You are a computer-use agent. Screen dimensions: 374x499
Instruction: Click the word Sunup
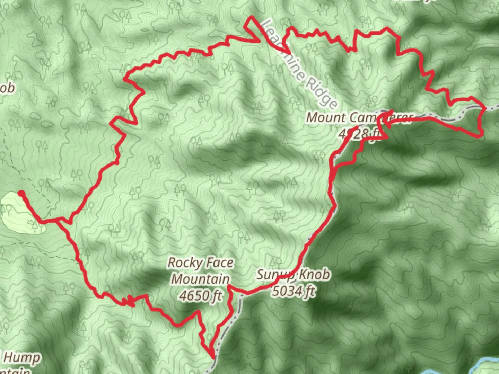(x=274, y=275)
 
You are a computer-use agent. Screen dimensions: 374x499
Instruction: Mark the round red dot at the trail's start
(x=21, y=193)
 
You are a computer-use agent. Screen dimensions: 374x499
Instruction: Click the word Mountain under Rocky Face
(x=200, y=279)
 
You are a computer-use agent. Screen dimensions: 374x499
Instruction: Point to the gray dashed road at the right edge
(x=492, y=108)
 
